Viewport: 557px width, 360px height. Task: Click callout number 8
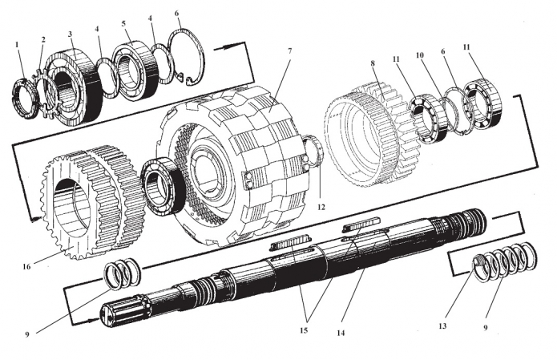click(373, 61)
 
